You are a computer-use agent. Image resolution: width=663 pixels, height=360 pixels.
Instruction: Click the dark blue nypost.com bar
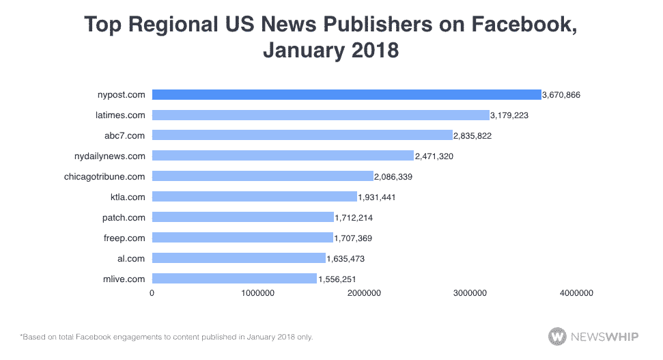[346, 94]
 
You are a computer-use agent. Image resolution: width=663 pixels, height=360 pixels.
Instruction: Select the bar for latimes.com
[320, 115]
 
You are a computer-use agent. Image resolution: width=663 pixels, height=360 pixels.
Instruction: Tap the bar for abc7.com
[302, 135]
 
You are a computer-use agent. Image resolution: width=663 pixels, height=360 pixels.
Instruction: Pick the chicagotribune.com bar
[262, 176]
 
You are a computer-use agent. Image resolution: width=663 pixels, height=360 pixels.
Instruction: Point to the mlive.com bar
[234, 279]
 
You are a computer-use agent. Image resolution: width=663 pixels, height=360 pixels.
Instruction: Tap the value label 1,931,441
[377, 197]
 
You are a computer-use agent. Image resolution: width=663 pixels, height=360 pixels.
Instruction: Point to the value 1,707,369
[353, 238]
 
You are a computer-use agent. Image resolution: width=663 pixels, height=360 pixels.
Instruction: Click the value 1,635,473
[345, 259]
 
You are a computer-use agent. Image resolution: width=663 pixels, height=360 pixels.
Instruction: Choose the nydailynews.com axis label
[109, 156]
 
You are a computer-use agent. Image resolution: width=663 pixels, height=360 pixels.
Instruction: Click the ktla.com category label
[128, 197]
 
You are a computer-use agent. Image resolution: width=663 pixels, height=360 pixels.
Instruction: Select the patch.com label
[124, 217]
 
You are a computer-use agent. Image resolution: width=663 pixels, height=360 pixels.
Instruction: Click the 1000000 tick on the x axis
[258, 293]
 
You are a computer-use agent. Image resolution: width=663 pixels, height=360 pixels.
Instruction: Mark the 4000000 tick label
[576, 293]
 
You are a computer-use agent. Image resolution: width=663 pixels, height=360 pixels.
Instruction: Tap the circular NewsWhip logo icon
[557, 336]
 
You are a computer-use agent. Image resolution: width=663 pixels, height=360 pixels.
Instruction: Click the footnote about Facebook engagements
[167, 337]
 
